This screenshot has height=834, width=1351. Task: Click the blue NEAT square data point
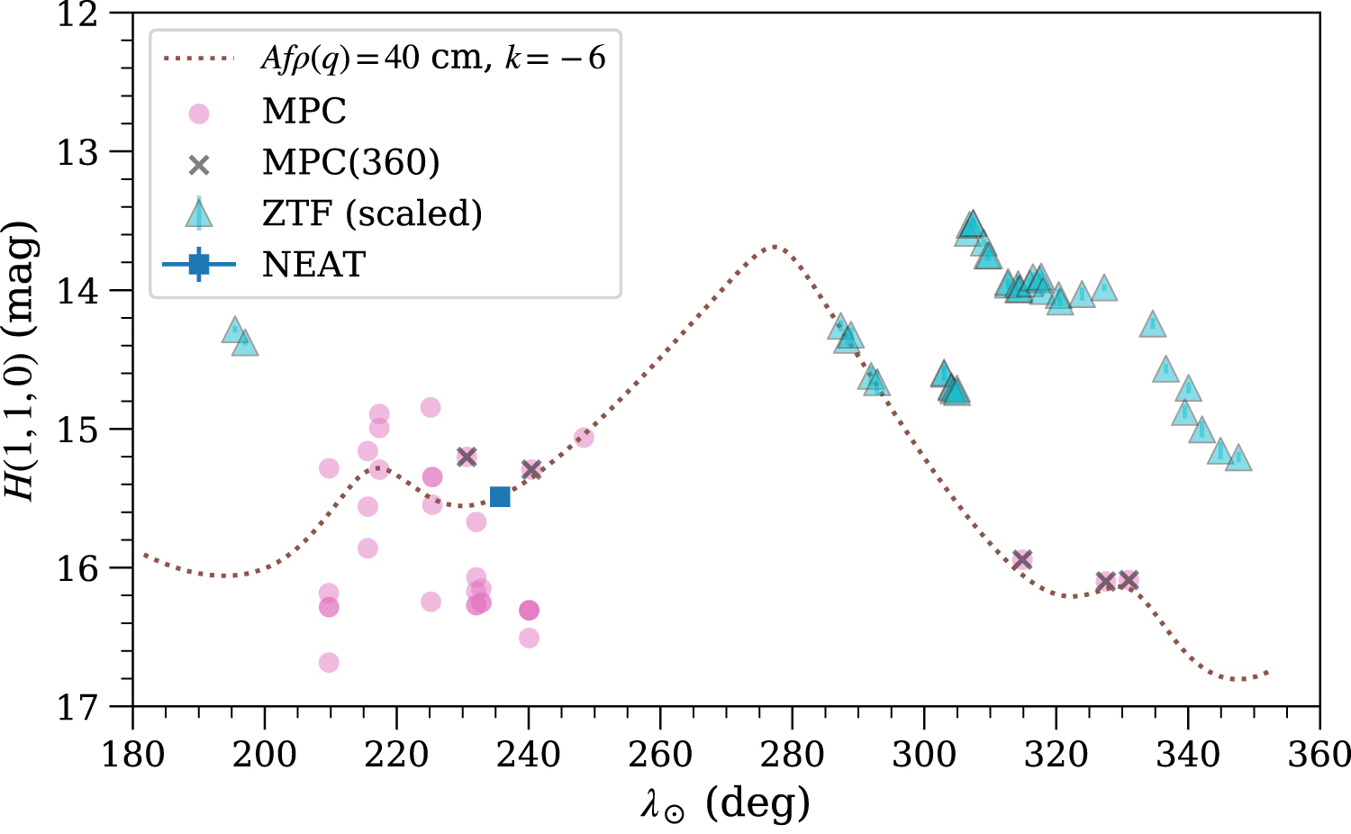pyautogui.click(x=500, y=496)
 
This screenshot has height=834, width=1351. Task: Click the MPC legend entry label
pyautogui.click(x=304, y=112)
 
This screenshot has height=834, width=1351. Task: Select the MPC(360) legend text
pyautogui.click(x=350, y=163)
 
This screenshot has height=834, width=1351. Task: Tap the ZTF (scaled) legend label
pyautogui.click(x=372, y=214)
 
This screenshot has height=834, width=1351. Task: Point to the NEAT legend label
pyautogui.click(x=313, y=265)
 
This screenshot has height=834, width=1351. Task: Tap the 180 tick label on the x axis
pyautogui.click(x=133, y=755)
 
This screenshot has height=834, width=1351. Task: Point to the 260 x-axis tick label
pyautogui.click(x=660, y=755)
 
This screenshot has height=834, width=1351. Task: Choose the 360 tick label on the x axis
pyautogui.click(x=1319, y=755)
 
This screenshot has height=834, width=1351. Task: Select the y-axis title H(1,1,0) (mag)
pyautogui.click(x=22, y=360)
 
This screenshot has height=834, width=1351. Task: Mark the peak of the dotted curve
pyautogui.click(x=774, y=246)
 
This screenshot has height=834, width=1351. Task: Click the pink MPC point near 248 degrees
pyautogui.click(x=584, y=438)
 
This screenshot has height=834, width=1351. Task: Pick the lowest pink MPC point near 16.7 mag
pyautogui.click(x=329, y=663)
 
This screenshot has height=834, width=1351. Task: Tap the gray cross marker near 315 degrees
pyautogui.click(x=1021, y=559)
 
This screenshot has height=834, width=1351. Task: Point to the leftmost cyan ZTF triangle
pyautogui.click(x=234, y=330)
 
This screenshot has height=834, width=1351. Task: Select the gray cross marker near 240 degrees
pyautogui.click(x=530, y=469)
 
